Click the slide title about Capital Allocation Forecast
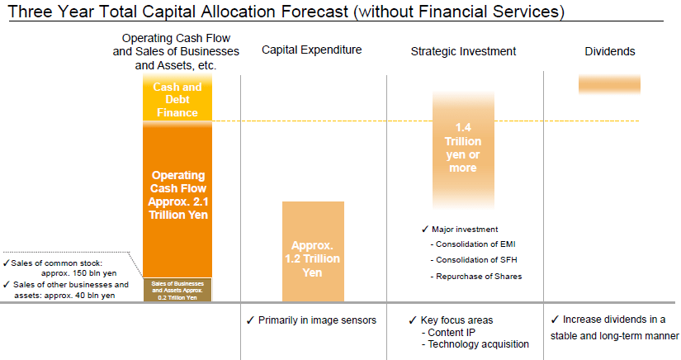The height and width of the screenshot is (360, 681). [286, 12]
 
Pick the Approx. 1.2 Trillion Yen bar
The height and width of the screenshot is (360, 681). [313, 256]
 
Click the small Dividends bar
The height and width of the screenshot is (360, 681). [609, 83]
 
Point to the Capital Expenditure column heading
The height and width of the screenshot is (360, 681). [312, 50]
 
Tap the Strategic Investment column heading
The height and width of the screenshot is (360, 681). [463, 51]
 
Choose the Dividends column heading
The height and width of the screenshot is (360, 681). [609, 51]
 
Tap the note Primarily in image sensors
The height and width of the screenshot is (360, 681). [311, 320]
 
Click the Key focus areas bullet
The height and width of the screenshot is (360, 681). [456, 320]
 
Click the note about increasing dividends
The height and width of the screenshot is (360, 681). [614, 327]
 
